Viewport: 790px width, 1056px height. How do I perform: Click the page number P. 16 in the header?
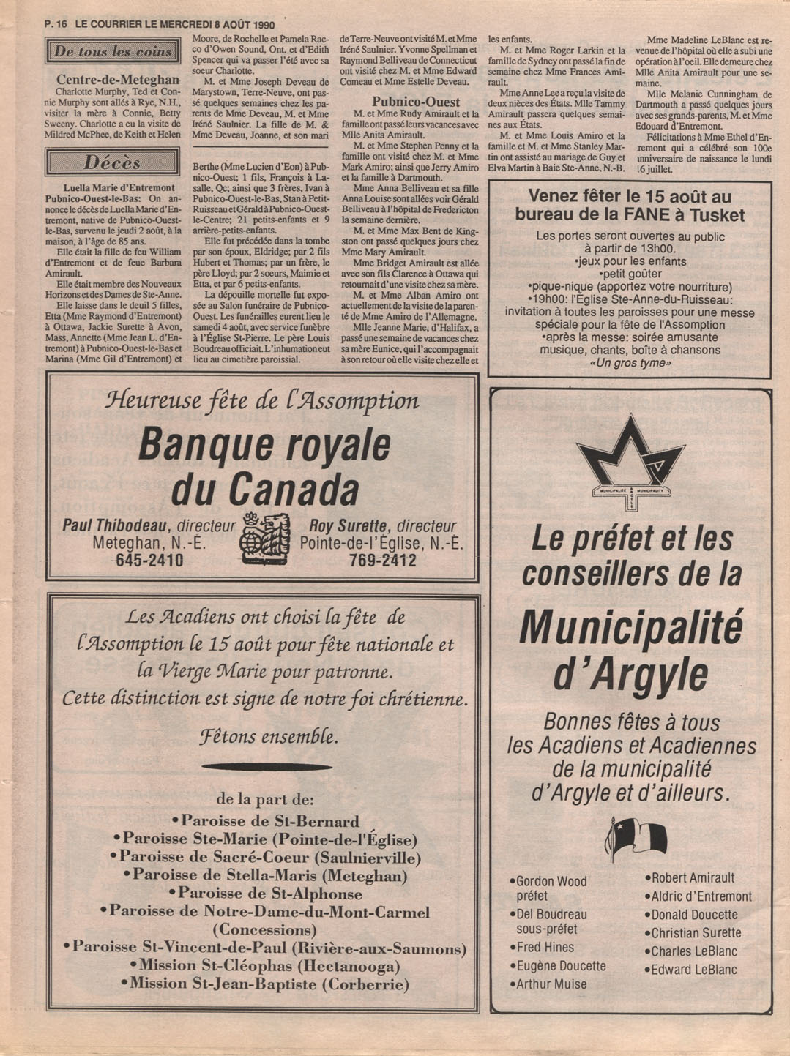(55, 23)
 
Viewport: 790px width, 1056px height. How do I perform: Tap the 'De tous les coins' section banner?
(113, 51)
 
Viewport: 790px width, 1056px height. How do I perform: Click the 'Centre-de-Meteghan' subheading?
(118, 79)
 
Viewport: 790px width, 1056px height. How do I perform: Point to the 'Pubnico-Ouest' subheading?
(416, 102)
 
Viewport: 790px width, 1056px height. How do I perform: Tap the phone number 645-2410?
(149, 561)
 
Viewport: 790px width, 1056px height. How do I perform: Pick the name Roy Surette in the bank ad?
(347, 525)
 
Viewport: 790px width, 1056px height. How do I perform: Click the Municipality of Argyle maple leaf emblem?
(630, 460)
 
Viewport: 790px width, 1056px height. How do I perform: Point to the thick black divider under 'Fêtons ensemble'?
(266, 767)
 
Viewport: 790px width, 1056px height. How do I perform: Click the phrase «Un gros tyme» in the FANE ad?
(630, 363)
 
